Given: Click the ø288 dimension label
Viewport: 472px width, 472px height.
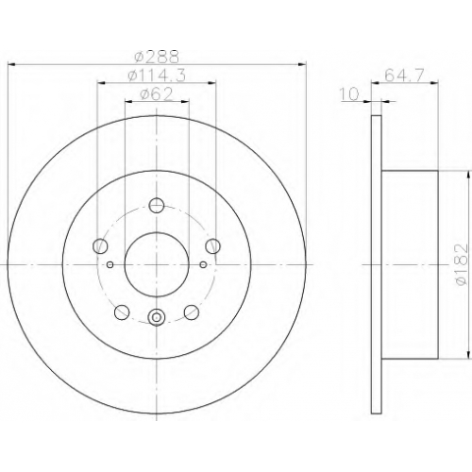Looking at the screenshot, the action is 157,57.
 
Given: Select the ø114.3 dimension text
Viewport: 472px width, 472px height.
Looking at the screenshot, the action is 157,76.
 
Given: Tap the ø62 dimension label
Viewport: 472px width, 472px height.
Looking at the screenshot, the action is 157,94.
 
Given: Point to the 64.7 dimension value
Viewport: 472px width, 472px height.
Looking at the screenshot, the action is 405,76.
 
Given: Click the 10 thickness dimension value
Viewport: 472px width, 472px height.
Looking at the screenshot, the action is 349,94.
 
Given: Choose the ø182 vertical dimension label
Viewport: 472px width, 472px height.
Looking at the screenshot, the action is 463,264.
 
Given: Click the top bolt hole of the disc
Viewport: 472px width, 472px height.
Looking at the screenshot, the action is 157,206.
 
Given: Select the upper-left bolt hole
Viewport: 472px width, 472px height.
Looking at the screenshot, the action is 100,245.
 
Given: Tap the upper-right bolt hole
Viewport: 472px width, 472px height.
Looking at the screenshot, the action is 212,245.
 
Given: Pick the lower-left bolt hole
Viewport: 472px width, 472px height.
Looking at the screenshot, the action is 122,312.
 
